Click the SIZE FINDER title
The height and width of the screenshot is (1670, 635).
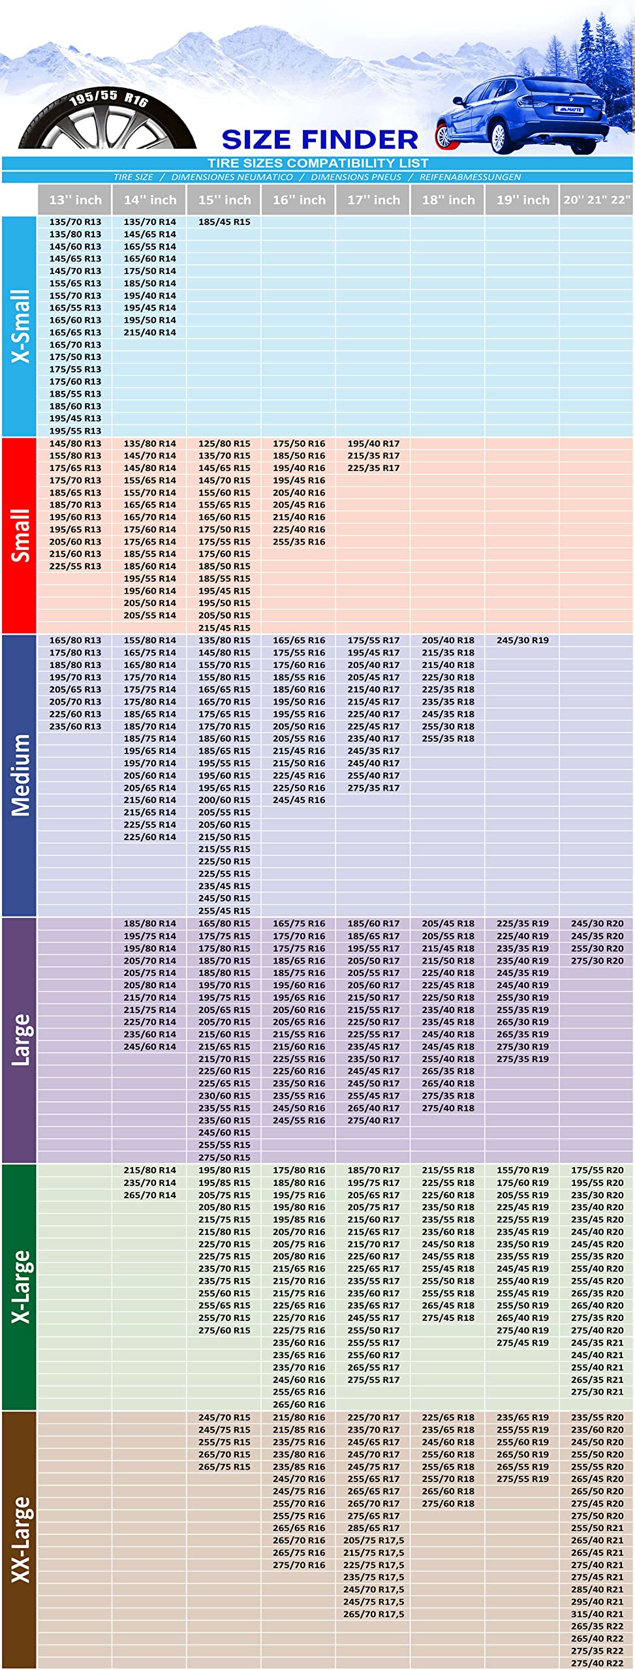[320, 140]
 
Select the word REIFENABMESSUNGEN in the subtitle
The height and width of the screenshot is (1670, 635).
[470, 177]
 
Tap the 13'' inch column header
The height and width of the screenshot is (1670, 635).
[75, 200]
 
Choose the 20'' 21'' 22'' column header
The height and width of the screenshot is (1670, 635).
[596, 200]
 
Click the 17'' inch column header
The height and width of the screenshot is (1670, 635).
[373, 200]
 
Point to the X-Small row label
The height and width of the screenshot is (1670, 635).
[20, 326]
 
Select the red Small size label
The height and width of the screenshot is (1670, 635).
[20, 536]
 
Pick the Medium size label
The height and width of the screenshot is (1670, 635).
[20, 775]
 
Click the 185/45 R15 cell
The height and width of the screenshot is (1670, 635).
[224, 222]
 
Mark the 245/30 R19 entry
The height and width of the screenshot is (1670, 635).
[522, 640]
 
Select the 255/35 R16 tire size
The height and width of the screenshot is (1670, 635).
[298, 541]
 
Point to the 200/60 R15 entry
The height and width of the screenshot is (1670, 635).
[224, 800]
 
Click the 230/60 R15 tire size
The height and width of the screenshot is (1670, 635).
[224, 1096]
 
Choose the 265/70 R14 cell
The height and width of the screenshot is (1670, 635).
[149, 1195]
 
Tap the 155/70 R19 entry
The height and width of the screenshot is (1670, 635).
[522, 1170]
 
